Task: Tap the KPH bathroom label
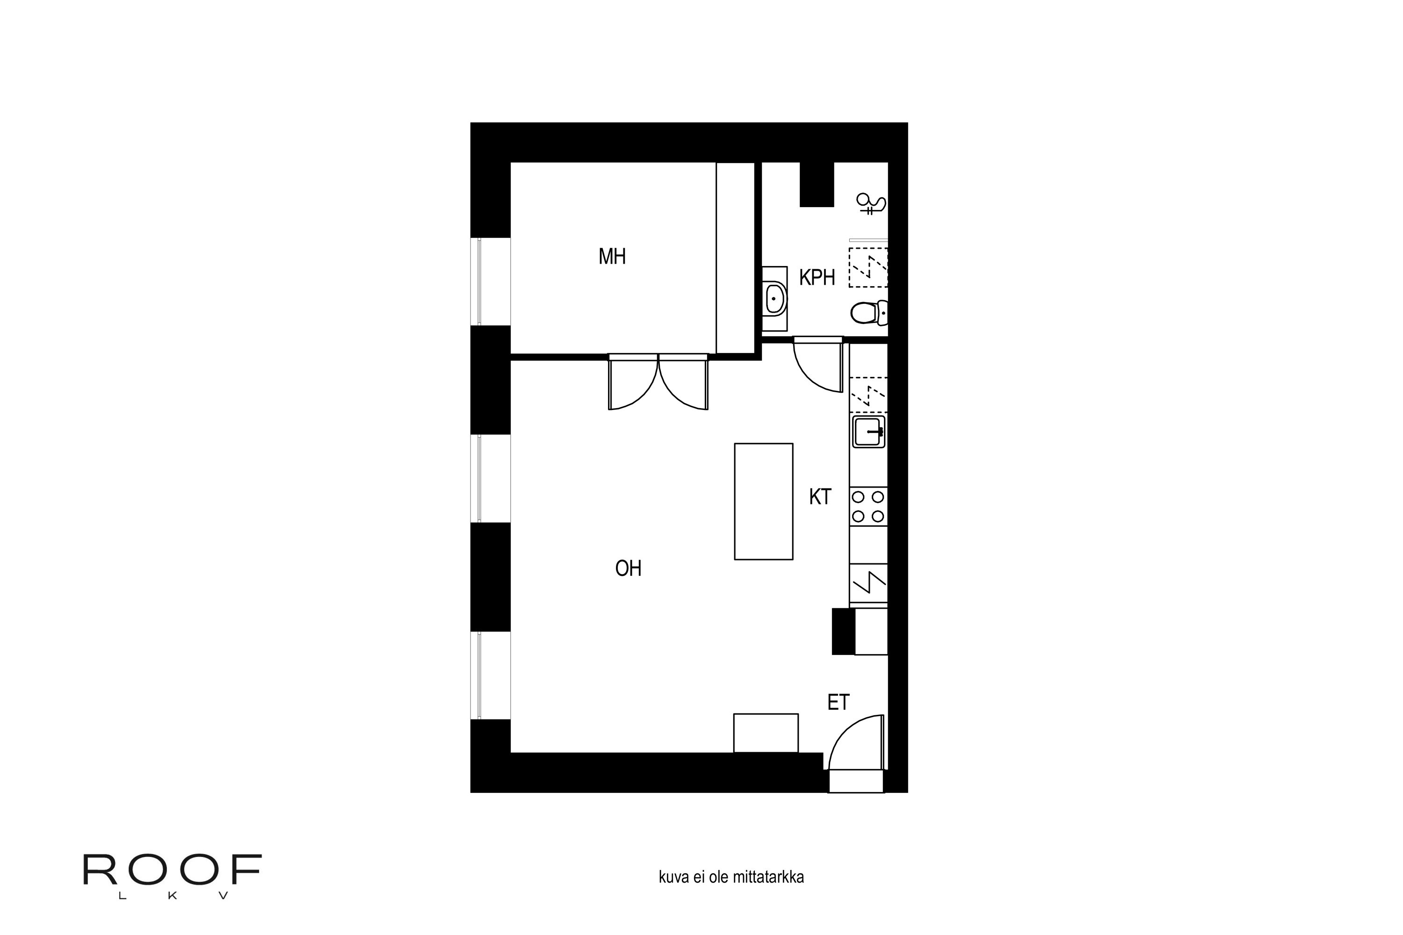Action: tap(817, 278)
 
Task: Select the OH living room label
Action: tap(628, 569)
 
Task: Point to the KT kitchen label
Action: tap(820, 496)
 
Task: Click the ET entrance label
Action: tap(838, 703)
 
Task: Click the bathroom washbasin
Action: tap(775, 299)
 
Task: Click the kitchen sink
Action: tap(868, 432)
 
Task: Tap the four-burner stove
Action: tap(868, 506)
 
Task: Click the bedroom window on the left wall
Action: tap(490, 281)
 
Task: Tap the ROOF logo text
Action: tap(173, 870)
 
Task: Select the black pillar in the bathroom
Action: tap(817, 184)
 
